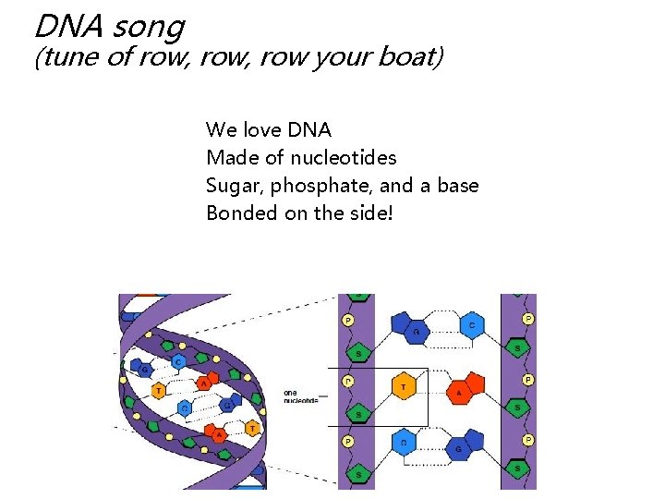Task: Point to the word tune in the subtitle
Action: pos(69,58)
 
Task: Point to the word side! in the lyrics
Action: pos(369,213)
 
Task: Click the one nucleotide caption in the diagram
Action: pos(300,396)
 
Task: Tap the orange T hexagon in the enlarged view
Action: pos(404,387)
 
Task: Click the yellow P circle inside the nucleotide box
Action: pos(348,381)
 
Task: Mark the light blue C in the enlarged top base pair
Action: pos(472,324)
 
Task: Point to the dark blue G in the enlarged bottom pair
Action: pos(459,449)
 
